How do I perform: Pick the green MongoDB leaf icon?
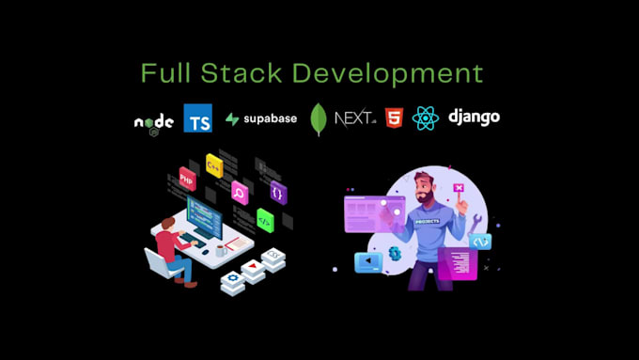pyautogui.click(x=319, y=119)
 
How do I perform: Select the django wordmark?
pyautogui.click(x=474, y=117)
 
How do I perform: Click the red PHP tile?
pyautogui.click(x=188, y=177)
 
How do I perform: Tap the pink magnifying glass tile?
pyautogui.click(x=241, y=195)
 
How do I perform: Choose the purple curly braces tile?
pyautogui.click(x=277, y=192)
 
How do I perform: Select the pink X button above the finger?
pyautogui.click(x=460, y=187)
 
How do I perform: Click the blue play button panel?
pyautogui.click(x=368, y=262)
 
